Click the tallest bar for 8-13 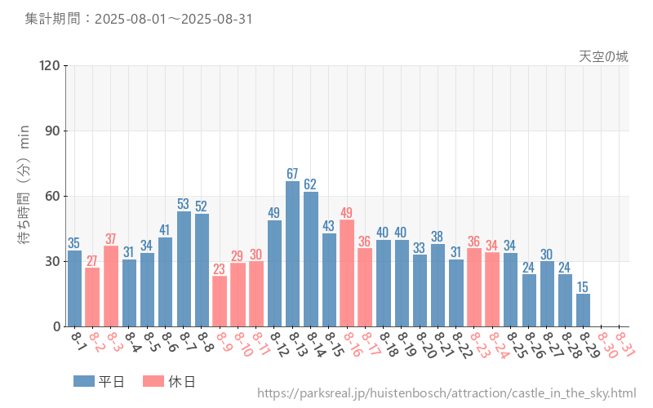point(292,254)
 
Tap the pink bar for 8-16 point(347,273)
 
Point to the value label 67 point(292,174)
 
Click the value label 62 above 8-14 point(310,184)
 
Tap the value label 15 point(583,287)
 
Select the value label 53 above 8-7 point(184,204)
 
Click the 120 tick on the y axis point(50,66)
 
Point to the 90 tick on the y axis point(53,131)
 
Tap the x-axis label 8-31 point(625,343)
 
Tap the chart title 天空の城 point(604,56)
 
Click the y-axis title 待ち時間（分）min point(24,196)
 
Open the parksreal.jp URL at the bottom point(446,393)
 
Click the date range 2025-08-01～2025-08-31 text point(173,20)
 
